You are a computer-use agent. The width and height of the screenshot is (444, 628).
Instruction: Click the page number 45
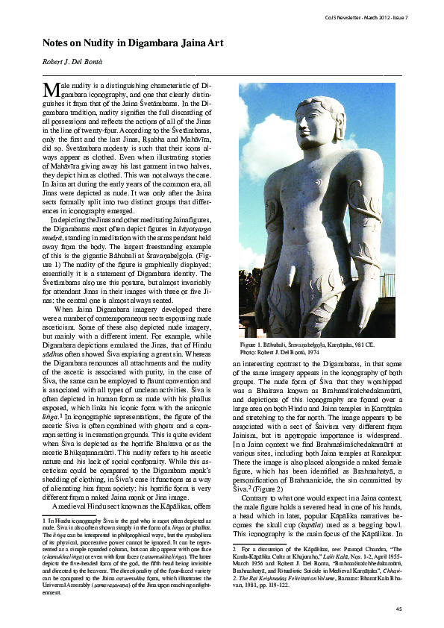pos(398,609)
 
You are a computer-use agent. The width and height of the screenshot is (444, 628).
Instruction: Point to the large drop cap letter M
pos(51,90)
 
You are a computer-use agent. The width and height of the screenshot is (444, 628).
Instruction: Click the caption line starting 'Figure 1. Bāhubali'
pos(316,347)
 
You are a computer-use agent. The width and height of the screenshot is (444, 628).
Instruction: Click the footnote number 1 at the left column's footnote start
pos(45,518)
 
